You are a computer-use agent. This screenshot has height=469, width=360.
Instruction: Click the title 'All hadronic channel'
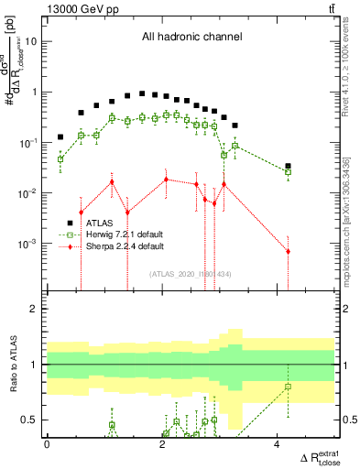point(191,38)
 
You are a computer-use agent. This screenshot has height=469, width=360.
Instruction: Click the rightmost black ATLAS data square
point(288,167)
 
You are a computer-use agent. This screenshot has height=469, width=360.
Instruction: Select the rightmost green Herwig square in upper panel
point(288,172)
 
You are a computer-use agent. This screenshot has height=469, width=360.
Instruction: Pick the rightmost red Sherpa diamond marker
point(288,251)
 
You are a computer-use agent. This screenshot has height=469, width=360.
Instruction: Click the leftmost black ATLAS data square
point(60,137)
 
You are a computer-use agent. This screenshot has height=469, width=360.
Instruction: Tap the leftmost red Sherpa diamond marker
point(82,213)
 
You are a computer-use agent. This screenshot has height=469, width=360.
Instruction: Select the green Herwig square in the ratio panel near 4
point(288,387)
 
